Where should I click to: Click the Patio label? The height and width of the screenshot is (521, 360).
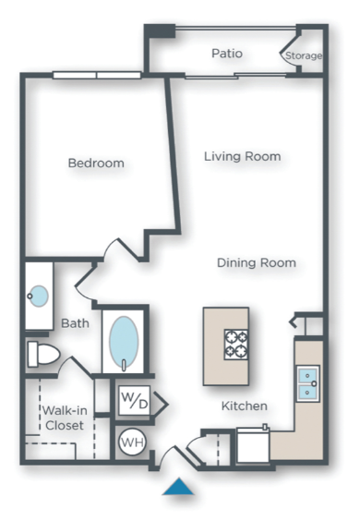coord(226,54)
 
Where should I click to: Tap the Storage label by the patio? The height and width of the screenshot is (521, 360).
coord(303,56)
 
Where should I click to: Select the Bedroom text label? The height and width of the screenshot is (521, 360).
coord(95,164)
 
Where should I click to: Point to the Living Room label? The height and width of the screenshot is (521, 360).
coord(242,156)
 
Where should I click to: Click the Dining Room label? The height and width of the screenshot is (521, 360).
coord(256,263)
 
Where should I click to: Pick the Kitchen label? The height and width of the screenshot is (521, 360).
coord(244,406)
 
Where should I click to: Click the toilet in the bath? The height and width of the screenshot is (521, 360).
coord(42,354)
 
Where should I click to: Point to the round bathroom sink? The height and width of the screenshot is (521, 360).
coord(39,297)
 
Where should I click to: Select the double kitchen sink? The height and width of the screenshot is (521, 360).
coord(307,382)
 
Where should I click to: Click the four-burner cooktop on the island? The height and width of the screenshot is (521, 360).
coord(236,344)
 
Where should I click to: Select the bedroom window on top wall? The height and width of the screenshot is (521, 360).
coord(96,75)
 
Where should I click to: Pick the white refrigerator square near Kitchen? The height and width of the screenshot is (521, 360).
coord(252,446)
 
